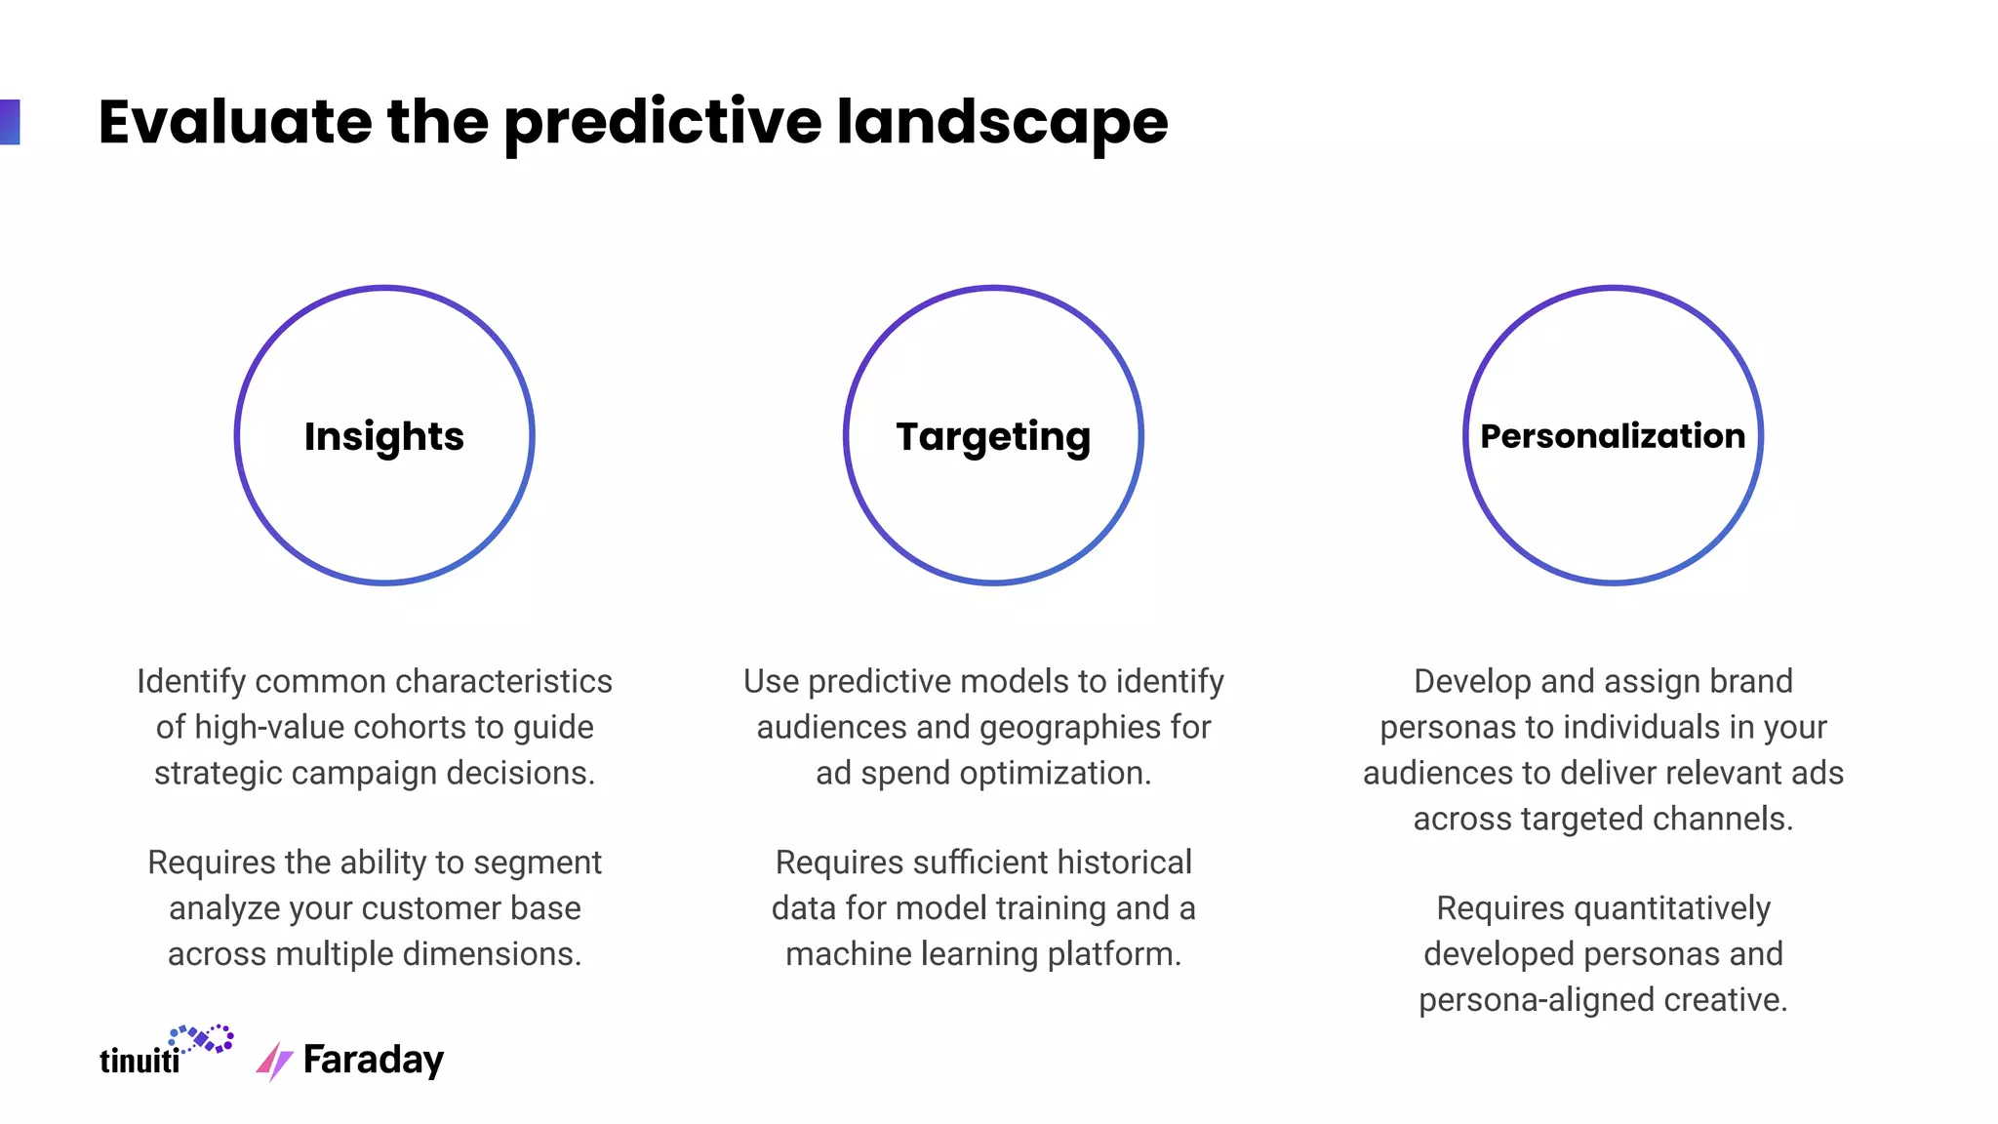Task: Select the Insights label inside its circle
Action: tap(383, 436)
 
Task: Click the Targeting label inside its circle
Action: tap(993, 436)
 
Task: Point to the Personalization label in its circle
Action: tap(1612, 436)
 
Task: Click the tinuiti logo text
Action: tap(140, 1060)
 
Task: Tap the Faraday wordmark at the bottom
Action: tap(373, 1060)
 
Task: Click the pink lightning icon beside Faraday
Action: tap(274, 1062)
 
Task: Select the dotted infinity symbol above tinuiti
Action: tap(202, 1038)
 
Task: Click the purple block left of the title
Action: tap(10, 122)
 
